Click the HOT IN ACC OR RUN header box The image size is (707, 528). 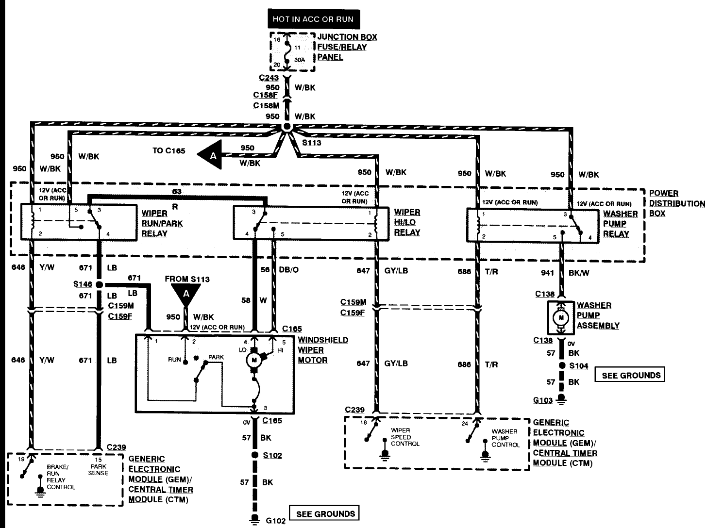point(314,19)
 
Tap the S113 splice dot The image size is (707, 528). point(286,127)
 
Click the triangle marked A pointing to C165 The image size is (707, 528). point(210,155)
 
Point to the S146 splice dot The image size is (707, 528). point(99,284)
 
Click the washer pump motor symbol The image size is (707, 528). point(561,318)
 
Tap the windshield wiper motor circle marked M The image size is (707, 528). point(254,360)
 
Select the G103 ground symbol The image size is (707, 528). point(561,399)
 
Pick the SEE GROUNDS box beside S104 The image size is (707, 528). point(630,375)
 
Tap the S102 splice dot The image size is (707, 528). point(255,455)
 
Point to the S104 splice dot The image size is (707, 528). point(562,365)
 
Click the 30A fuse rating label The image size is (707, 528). point(300,60)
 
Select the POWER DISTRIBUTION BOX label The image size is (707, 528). point(676,203)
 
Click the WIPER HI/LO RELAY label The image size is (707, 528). point(407,222)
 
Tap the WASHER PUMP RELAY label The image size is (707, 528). point(620,224)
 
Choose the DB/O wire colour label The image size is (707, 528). point(288,270)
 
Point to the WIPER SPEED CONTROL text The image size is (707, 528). point(405,437)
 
